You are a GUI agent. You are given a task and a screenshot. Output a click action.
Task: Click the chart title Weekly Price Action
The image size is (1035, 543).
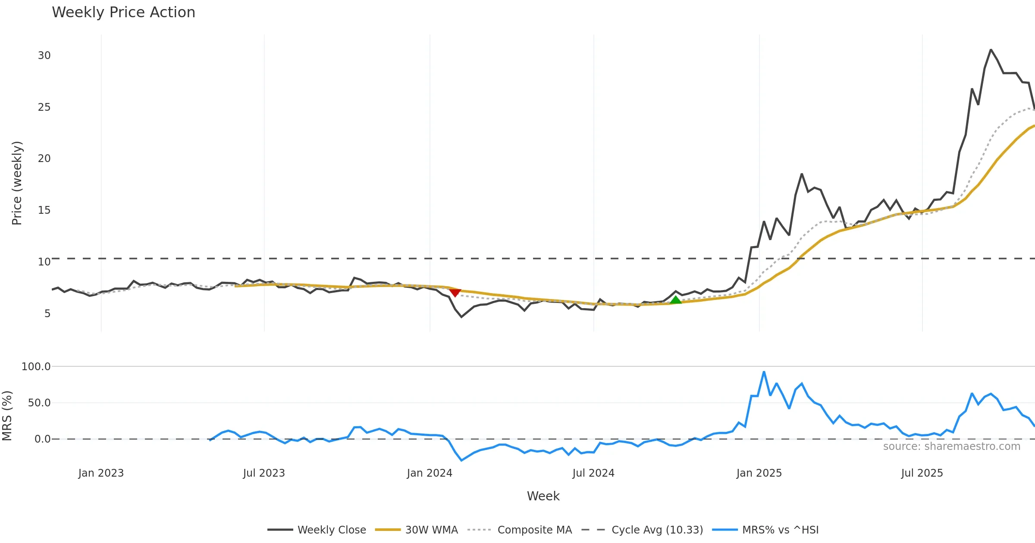[123, 12]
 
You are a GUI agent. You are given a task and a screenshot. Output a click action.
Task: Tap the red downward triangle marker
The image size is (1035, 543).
[455, 293]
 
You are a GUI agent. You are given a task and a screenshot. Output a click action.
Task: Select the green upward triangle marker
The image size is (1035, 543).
[675, 300]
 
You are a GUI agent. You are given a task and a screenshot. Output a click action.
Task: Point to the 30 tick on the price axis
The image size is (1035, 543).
[44, 56]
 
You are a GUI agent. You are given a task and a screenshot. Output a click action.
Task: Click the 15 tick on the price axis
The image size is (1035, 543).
[44, 210]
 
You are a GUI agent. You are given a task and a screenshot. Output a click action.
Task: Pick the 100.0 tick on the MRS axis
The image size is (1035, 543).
[36, 367]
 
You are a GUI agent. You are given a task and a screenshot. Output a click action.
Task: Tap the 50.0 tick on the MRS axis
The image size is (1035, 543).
[39, 403]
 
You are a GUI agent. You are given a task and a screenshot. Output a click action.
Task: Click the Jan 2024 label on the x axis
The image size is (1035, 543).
[430, 473]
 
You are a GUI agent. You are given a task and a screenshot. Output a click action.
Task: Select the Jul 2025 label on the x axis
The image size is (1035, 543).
[922, 473]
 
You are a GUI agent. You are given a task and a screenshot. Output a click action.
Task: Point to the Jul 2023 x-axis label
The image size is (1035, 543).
[264, 473]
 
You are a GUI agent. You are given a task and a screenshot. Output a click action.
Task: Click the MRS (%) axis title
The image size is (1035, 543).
[7, 416]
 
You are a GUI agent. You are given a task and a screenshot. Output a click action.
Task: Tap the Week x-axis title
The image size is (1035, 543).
[543, 496]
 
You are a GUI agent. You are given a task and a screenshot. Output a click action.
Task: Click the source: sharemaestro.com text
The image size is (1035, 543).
[951, 446]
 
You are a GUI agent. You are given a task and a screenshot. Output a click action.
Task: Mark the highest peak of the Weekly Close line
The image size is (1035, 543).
[991, 50]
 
